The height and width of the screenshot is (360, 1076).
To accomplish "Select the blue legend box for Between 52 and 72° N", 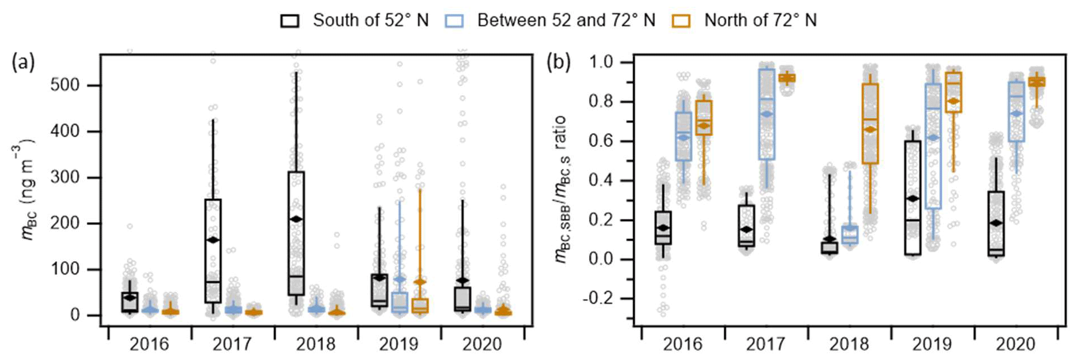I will click(454, 21).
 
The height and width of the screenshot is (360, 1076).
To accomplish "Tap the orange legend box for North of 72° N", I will click(682, 21).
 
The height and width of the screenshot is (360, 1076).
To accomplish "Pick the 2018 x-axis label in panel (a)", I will click(316, 344).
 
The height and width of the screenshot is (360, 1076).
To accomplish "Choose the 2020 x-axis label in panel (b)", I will click(1016, 344).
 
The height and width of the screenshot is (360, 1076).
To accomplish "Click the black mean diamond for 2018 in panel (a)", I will click(297, 219).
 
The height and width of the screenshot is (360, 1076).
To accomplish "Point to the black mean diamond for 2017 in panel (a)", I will click(213, 240).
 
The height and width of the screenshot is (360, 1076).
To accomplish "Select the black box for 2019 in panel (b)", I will click(912, 197).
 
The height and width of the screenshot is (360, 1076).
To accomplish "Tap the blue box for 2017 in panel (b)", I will click(766, 114).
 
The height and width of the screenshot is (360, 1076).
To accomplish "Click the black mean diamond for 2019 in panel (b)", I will click(912, 199).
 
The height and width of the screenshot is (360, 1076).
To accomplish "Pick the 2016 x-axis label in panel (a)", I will click(149, 344).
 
